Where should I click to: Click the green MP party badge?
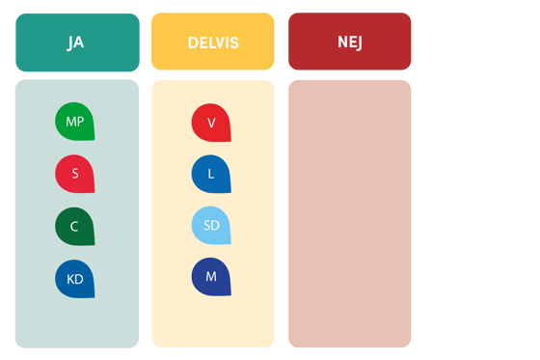[x=74, y=122]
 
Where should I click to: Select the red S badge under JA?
[x=74, y=174]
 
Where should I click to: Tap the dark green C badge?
[x=74, y=227]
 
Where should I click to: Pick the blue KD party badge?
[x=74, y=279]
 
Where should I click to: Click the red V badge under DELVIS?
[x=211, y=123]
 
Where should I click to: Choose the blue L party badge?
[x=211, y=174]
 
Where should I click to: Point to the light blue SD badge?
[x=211, y=226]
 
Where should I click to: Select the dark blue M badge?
[x=211, y=277]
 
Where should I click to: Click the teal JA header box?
[x=77, y=42]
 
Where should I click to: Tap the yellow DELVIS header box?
[x=213, y=42]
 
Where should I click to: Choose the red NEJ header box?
[x=349, y=42]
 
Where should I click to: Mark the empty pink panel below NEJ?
[x=349, y=213]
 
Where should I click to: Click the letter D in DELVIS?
[x=192, y=42]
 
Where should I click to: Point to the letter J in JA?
[x=70, y=42]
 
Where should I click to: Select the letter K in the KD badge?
[x=70, y=279]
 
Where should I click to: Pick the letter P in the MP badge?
[x=80, y=122]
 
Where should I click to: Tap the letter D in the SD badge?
[x=215, y=226]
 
